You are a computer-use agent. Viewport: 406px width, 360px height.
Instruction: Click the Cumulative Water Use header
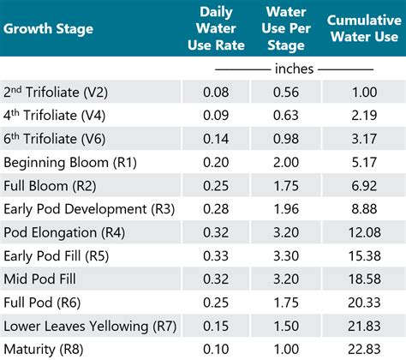pos(361,27)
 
